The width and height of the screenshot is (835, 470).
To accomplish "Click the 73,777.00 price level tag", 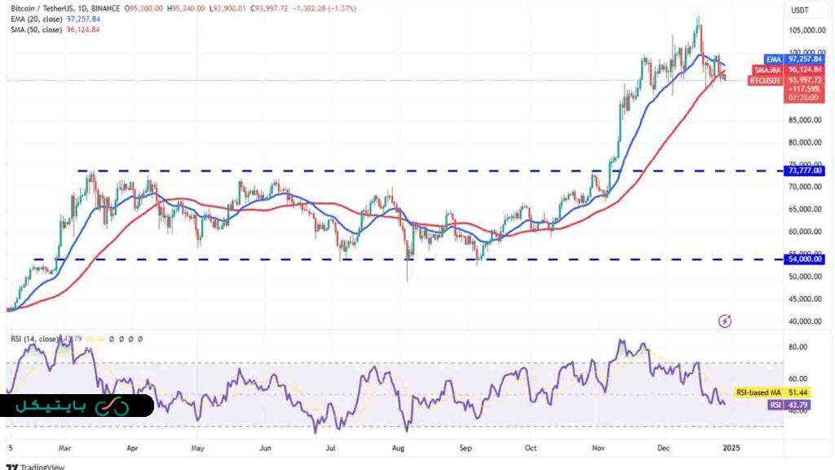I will point(806,171).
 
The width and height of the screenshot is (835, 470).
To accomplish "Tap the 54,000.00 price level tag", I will point(806,259).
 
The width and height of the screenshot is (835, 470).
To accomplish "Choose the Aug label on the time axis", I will point(399,448).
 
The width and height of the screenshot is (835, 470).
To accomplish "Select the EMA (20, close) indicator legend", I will point(45,19).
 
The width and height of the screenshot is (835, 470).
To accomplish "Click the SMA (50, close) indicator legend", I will point(45,29).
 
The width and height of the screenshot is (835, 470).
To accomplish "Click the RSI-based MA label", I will point(753,392).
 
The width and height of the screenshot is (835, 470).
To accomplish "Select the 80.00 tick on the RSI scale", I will point(797,347).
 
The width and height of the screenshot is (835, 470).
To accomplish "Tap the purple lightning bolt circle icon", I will point(725,321).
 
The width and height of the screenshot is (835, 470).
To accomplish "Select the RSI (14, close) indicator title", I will point(33,339).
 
